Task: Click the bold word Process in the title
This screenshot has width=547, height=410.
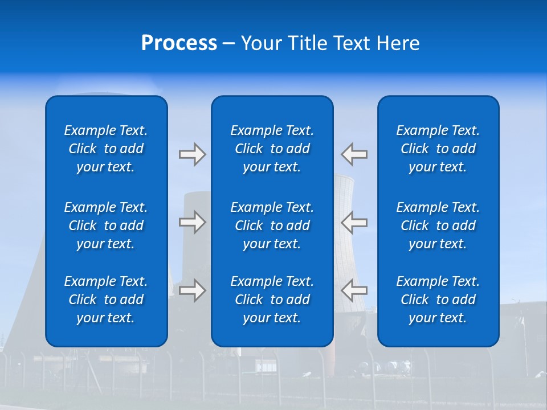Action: (179, 43)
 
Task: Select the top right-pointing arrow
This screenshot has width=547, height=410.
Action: (192, 154)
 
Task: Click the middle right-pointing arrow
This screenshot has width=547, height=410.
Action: (192, 222)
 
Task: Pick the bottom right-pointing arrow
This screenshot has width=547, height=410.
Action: (192, 290)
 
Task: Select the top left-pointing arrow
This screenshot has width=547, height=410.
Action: (354, 154)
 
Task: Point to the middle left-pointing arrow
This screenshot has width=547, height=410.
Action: (354, 222)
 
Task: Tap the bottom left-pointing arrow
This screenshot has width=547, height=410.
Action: (354, 290)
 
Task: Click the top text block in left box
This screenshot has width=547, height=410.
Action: (106, 149)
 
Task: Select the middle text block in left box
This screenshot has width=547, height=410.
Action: (106, 225)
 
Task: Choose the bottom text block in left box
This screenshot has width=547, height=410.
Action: (106, 300)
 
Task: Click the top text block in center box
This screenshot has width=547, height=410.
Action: (272, 149)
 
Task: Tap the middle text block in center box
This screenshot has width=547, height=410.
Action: (272, 225)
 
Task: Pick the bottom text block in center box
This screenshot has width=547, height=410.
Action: (272, 300)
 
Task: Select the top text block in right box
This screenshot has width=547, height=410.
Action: (438, 149)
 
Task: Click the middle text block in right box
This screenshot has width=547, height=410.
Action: (438, 225)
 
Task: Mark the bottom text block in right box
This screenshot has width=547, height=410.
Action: (438, 300)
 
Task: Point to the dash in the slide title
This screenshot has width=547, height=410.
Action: (228, 44)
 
